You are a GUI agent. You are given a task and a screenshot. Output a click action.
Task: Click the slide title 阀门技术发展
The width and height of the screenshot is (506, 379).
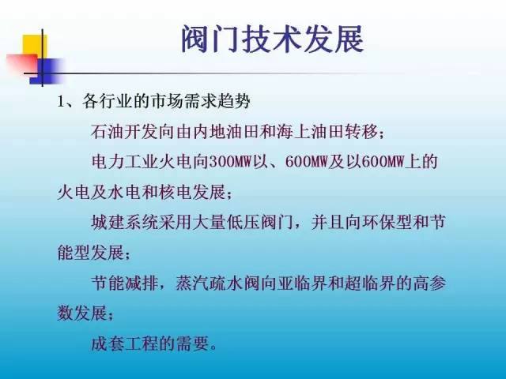[273, 39]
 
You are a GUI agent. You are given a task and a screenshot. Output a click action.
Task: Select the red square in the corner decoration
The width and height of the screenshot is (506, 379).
[22, 63]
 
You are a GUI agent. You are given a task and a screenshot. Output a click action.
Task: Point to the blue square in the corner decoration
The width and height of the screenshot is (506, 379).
[46, 71]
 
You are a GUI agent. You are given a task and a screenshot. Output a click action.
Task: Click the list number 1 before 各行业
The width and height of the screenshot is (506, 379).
[61, 102]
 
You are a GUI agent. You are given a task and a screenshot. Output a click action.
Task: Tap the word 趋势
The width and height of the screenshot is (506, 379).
[234, 101]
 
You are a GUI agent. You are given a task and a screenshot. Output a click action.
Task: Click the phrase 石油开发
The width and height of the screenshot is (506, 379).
[125, 132]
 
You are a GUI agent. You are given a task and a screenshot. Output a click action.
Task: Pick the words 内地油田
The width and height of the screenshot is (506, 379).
[226, 132]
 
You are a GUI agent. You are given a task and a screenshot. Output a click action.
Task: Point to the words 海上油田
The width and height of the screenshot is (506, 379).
[310, 132]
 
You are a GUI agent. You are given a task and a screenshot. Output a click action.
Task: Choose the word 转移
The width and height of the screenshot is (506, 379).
[361, 132]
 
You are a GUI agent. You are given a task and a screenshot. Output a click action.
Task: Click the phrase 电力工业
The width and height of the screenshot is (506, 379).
[125, 161]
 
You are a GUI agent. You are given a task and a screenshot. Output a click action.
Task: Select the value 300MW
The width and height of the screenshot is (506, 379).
[230, 161]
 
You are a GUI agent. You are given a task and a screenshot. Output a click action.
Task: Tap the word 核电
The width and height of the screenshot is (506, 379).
[176, 193]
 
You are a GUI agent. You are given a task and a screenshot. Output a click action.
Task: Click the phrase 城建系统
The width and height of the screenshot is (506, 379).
[125, 222]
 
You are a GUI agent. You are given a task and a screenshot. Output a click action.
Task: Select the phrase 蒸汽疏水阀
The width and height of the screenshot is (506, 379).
[217, 283]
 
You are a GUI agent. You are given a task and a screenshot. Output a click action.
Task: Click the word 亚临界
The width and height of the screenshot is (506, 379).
[301, 283]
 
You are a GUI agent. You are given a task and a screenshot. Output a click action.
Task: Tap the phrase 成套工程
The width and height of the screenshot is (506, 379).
[125, 344]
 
